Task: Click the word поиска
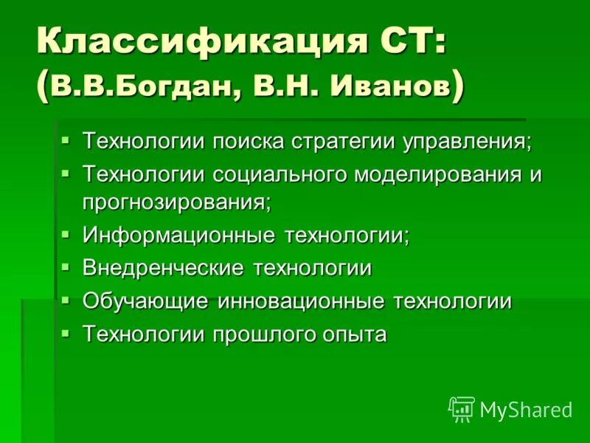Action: click(249, 141)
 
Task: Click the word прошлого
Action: click(265, 334)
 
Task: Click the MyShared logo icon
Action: click(462, 409)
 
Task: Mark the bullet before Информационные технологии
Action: click(66, 234)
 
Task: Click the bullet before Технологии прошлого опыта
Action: click(66, 333)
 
